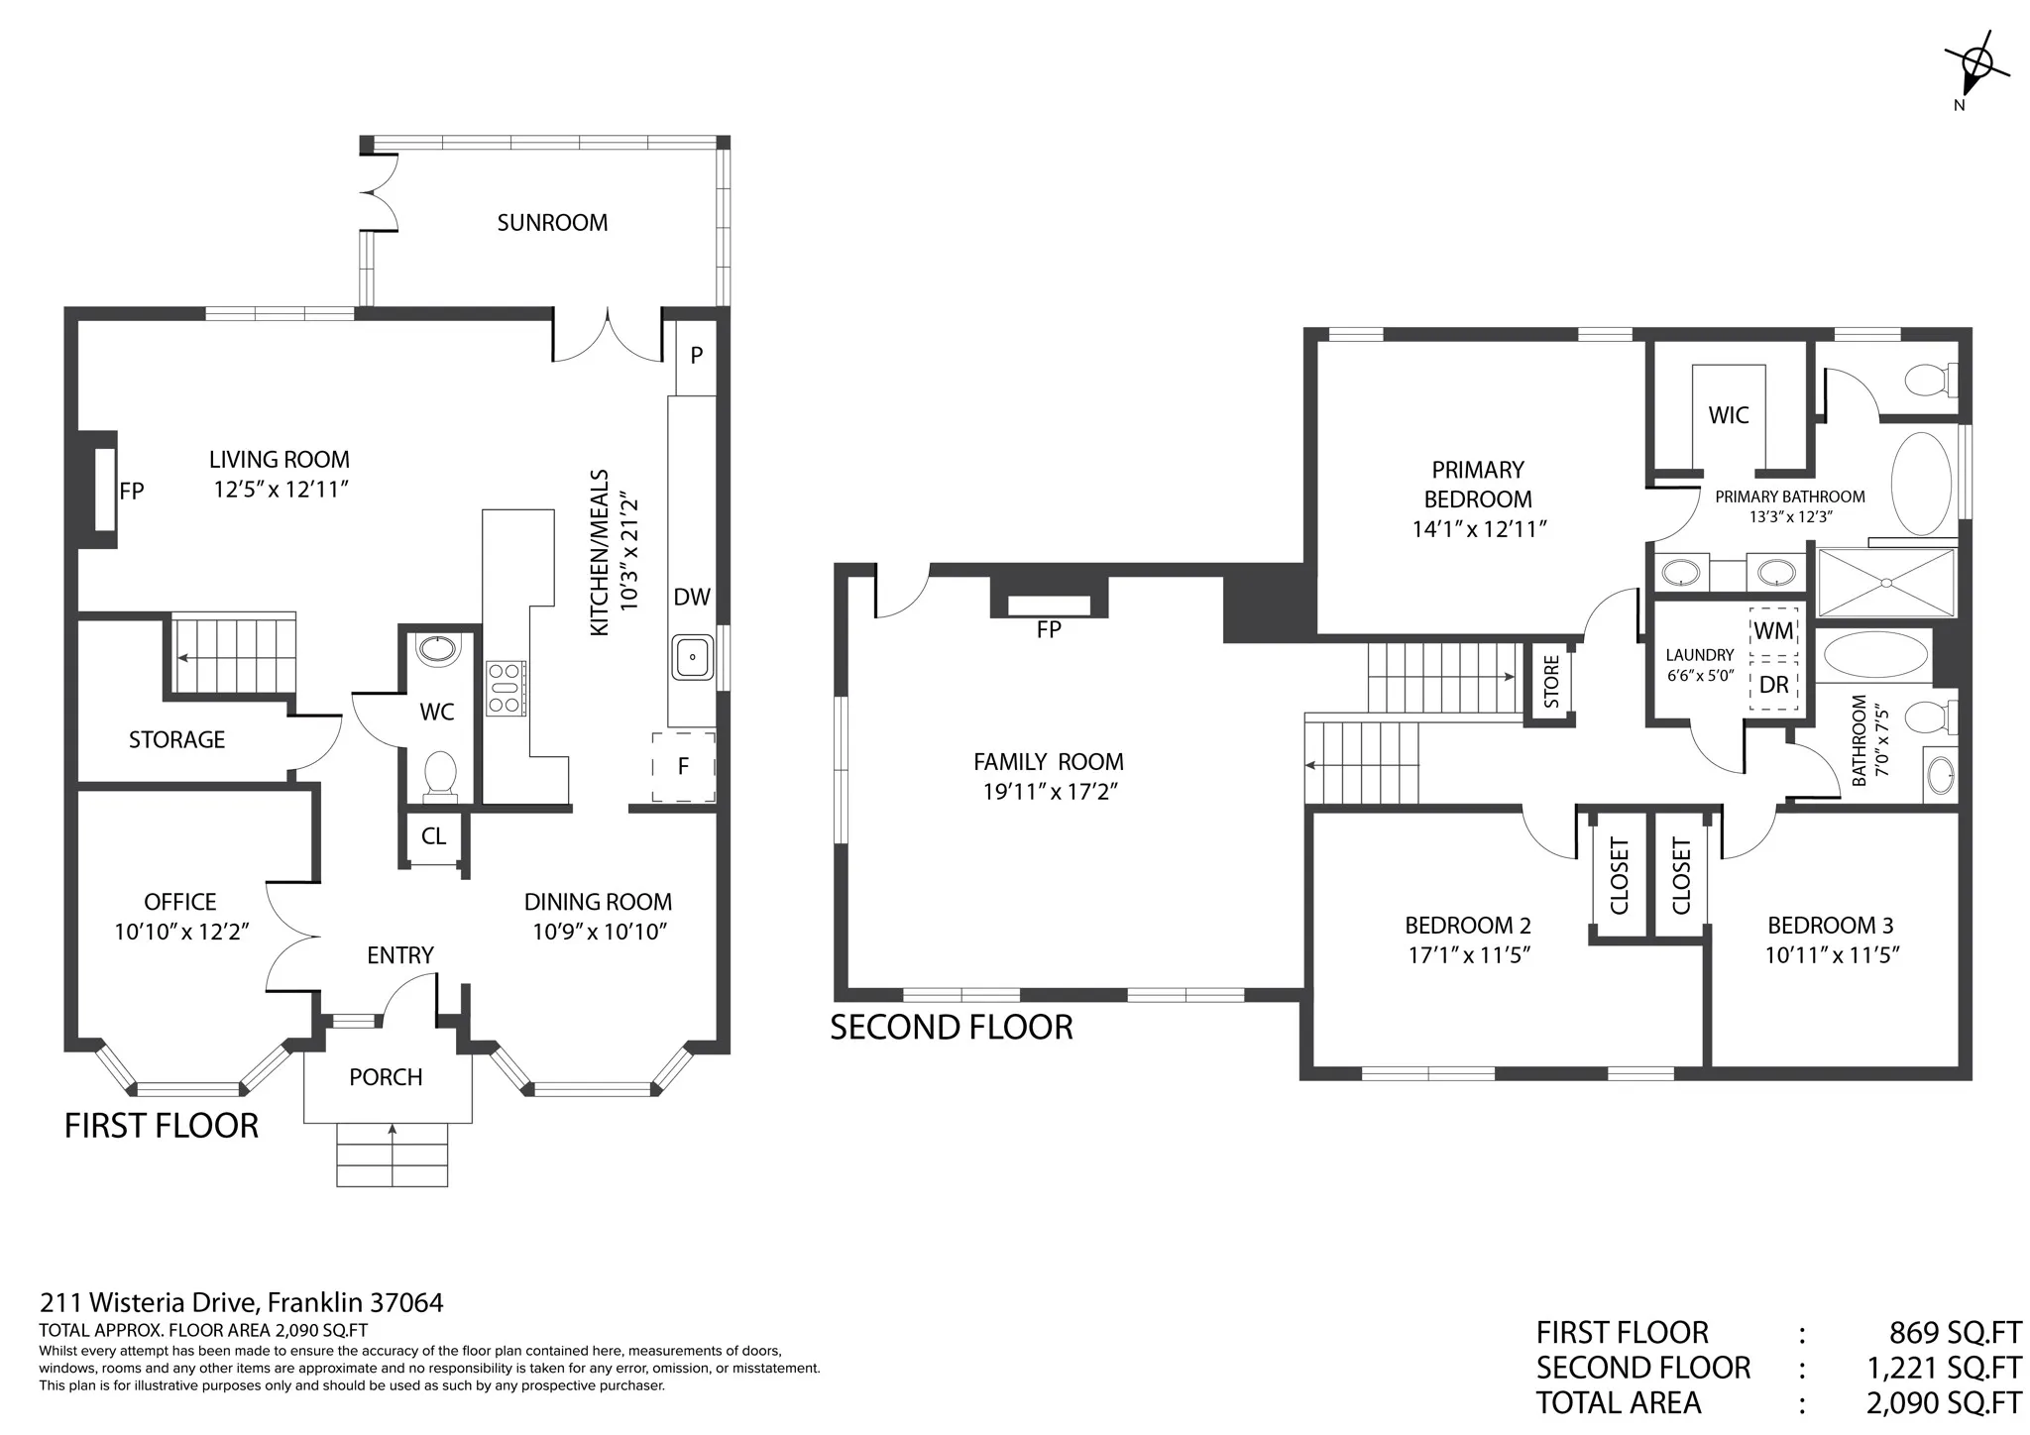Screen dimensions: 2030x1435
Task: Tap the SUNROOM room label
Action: point(552,223)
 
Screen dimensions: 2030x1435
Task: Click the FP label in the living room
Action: point(132,491)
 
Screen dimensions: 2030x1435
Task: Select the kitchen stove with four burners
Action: point(506,688)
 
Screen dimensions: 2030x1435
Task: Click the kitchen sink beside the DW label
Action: point(693,657)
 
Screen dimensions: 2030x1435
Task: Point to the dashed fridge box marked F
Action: point(683,767)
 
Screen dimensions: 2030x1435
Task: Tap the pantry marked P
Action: point(696,355)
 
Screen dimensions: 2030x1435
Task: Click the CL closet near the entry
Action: point(433,837)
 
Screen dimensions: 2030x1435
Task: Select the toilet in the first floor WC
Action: point(440,774)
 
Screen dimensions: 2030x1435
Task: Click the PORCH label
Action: point(386,1077)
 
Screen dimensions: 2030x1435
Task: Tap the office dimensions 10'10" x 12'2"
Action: point(180,932)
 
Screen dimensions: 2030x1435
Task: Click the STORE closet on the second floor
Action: point(1551,681)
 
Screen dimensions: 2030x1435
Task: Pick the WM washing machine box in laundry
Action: point(1773,632)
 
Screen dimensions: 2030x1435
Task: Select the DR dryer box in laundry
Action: point(1773,686)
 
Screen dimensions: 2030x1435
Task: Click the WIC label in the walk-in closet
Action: point(1729,415)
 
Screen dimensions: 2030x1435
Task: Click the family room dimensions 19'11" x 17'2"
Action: point(1050,792)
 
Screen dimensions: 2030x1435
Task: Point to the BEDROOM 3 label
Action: point(1831,926)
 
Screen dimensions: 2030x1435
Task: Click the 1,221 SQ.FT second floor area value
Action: point(1944,1368)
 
